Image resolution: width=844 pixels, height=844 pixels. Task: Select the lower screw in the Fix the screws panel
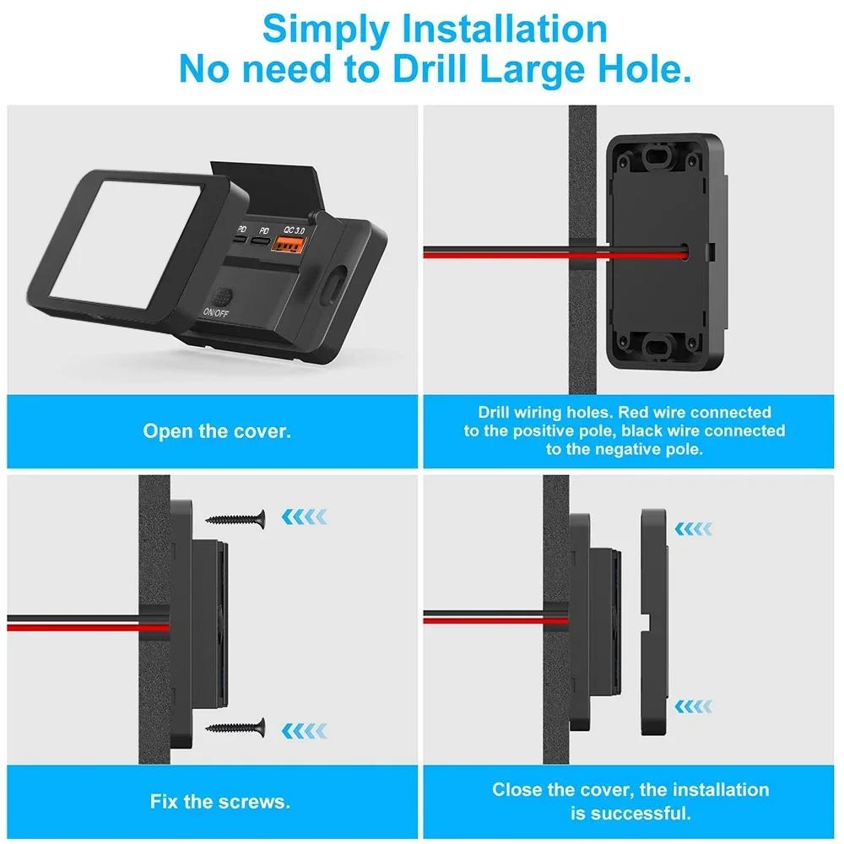[x=236, y=727]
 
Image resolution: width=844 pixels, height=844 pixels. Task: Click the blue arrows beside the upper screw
[x=306, y=516]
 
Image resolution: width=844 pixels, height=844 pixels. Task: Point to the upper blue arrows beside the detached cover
[x=694, y=529]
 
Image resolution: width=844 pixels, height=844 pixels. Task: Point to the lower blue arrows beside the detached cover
[x=694, y=703]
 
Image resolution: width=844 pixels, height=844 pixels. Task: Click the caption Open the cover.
[x=217, y=431]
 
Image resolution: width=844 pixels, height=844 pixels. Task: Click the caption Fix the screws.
[x=220, y=801]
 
